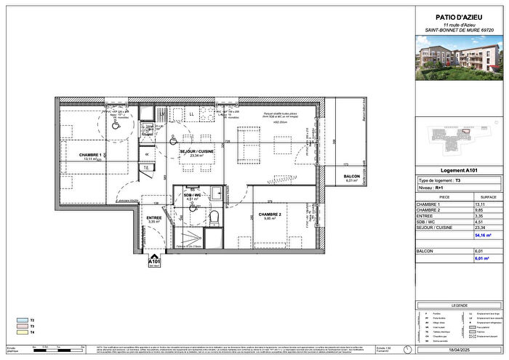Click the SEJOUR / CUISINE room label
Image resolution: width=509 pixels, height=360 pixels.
(195, 151)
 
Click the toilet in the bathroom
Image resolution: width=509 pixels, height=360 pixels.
(213, 217)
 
